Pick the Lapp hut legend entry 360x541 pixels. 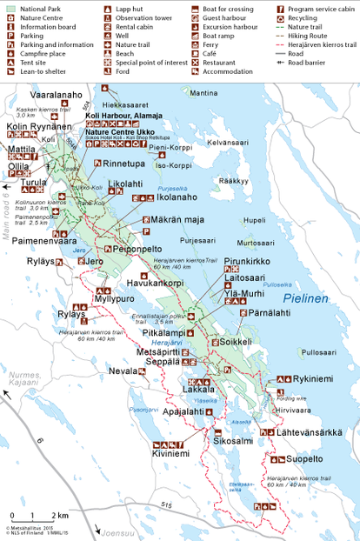coord(130,7)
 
